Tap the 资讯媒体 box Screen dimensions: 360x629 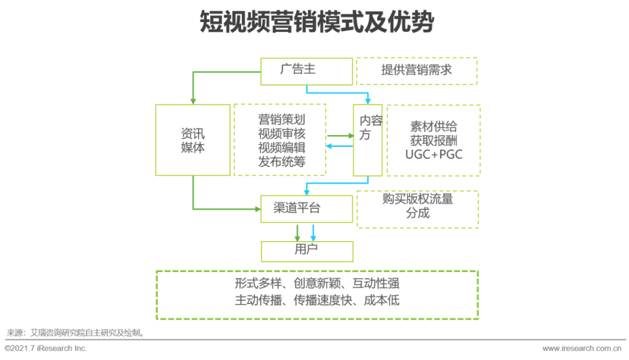click(193, 140)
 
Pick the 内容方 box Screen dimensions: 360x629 click(368, 140)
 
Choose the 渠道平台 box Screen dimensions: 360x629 click(306, 209)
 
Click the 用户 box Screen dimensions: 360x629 click(306, 250)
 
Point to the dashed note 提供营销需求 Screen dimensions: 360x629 click(416, 71)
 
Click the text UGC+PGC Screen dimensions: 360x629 click(434, 154)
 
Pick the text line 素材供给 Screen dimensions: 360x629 click(434, 126)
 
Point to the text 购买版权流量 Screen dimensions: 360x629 click(418, 199)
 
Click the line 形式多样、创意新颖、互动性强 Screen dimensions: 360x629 click(317, 284)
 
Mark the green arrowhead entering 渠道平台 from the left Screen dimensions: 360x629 click(257, 209)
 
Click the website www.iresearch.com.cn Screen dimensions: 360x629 click(582, 348)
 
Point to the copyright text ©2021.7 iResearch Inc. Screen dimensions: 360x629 click(46, 348)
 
